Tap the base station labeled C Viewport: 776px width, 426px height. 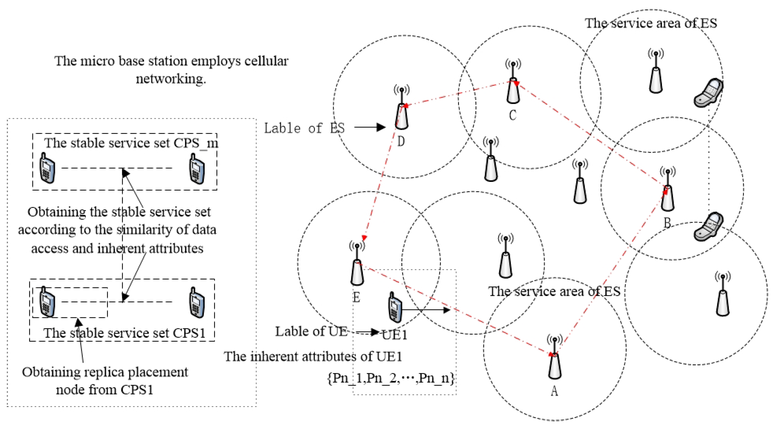coord(513,85)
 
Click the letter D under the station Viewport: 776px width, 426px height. coord(401,142)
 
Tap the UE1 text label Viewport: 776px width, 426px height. coord(395,335)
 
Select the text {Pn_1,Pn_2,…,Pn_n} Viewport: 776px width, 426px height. coord(391,378)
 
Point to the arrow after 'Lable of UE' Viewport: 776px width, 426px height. coord(368,332)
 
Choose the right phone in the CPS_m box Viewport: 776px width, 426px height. coord(197,169)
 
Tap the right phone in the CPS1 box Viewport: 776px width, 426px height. coord(197,303)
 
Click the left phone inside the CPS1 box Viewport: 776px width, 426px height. coord(47,302)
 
